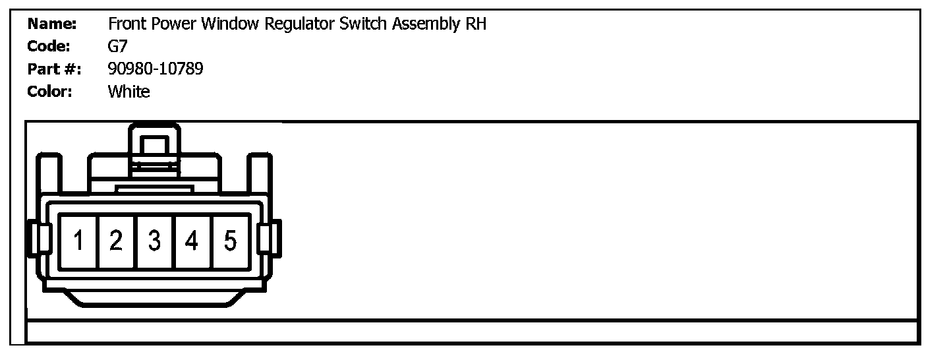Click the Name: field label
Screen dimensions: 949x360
pos(52,24)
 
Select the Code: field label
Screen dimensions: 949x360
pos(49,46)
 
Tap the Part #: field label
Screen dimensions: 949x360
pos(54,69)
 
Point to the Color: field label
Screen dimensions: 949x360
pos(49,91)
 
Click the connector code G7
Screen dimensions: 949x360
pos(117,46)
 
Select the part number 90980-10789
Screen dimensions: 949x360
pos(156,69)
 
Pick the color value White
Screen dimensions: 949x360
pos(129,91)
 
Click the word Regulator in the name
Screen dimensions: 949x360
pos(299,24)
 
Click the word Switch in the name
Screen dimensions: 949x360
pos(363,24)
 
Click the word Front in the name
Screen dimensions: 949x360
pos(127,24)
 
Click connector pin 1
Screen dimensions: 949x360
pos(78,241)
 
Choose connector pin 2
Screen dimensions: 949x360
pos(116,241)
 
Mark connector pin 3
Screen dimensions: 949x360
pos(154,241)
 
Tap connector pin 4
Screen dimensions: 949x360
pos(192,241)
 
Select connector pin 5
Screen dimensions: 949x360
pos(230,241)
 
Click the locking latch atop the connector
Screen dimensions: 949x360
pos(154,148)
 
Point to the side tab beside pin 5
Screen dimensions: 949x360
pos(268,238)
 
